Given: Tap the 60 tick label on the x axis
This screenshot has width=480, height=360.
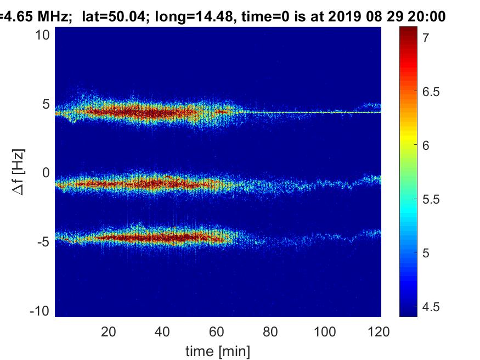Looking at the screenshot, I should pyautogui.click(x=216, y=331).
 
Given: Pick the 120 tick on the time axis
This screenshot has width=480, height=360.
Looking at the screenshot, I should pyautogui.click(x=379, y=331).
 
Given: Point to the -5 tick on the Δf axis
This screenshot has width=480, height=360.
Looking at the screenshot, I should pyautogui.click(x=44, y=241).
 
